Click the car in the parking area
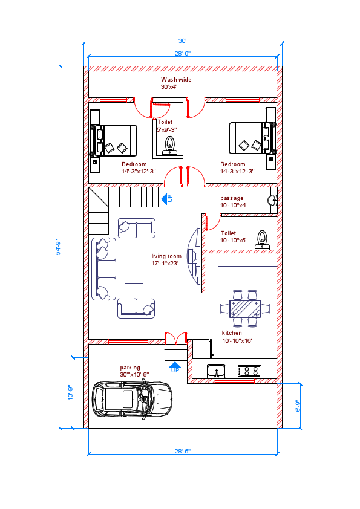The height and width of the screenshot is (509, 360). pyautogui.click(x=132, y=400)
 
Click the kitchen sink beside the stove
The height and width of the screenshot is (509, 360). pyautogui.click(x=216, y=371)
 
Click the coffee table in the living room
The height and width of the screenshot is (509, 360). pyautogui.click(x=134, y=267)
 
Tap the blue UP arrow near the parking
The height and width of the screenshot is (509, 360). pyautogui.click(x=175, y=365)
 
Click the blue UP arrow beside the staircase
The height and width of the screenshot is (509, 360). pyautogui.click(x=165, y=198)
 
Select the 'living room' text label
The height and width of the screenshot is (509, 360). pyautogui.click(x=166, y=256)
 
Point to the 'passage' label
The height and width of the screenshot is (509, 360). pyautogui.click(x=232, y=198)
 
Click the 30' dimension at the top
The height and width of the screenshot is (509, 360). pyautogui.click(x=182, y=41)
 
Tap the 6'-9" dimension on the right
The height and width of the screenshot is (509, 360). pyautogui.click(x=297, y=406)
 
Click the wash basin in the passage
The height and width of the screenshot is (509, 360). pyautogui.click(x=273, y=198)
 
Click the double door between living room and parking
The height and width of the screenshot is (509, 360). pyautogui.click(x=175, y=338)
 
